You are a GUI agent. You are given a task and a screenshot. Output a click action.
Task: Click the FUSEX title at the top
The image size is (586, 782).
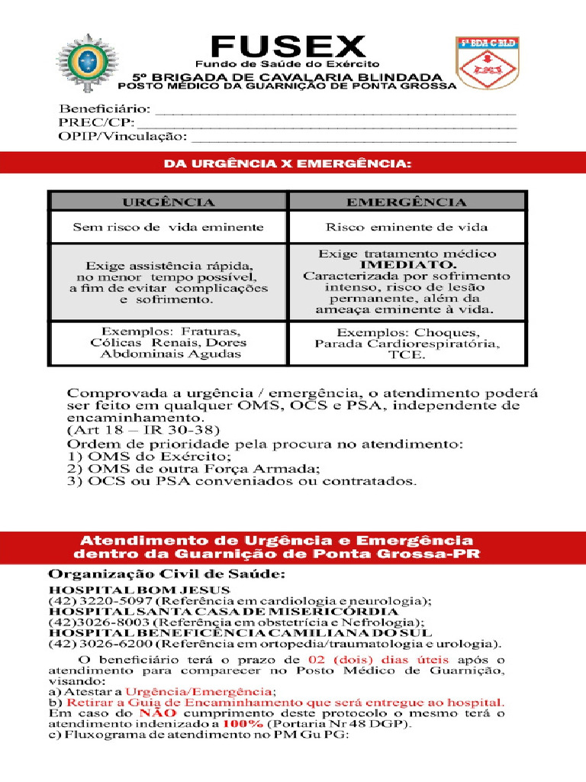click(x=288, y=47)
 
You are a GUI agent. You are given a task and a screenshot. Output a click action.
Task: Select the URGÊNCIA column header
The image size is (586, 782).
click(x=169, y=202)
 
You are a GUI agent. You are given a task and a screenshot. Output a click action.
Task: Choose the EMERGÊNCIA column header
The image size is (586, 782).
click(x=406, y=202)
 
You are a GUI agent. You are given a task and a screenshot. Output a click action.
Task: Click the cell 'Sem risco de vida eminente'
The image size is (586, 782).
click(x=168, y=227)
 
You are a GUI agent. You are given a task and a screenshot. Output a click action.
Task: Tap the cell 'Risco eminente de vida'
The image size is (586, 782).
click(x=406, y=227)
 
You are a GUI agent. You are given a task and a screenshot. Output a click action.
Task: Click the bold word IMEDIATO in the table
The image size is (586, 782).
click(x=407, y=265)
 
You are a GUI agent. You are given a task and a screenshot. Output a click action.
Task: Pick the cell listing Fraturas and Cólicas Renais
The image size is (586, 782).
click(x=169, y=343)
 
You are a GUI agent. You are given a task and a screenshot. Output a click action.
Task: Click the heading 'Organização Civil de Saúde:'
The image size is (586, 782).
click(x=167, y=574)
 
